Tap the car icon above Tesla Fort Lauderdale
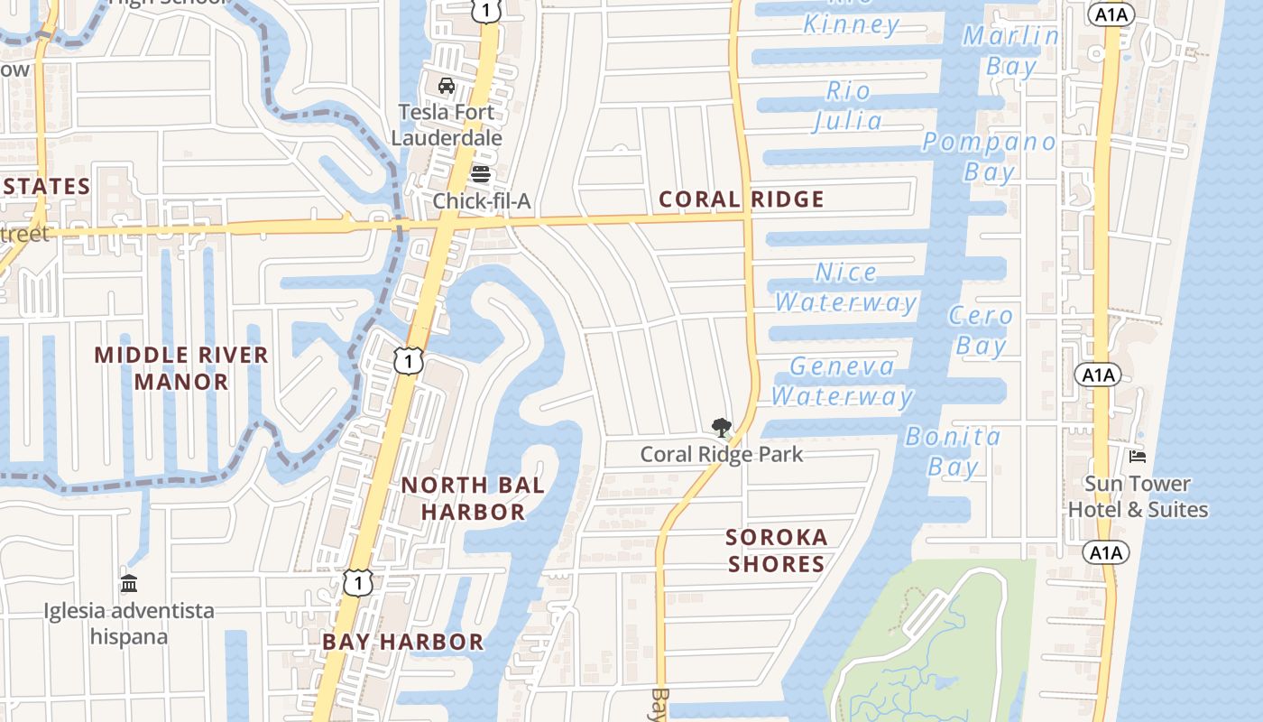[x=446, y=86]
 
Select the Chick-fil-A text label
[x=482, y=200]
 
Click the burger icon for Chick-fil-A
[x=481, y=173]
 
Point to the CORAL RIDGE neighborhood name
[x=742, y=199]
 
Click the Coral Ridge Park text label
[x=721, y=454]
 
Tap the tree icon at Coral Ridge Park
[x=721, y=428]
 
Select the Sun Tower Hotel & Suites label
[x=1137, y=496]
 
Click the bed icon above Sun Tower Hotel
[x=1137, y=457]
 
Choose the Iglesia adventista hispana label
[x=129, y=624]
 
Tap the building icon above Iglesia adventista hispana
[x=129, y=583]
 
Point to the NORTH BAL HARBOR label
[x=473, y=498]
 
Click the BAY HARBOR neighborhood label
[x=402, y=643]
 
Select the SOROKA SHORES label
[x=777, y=551]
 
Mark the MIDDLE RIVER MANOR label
[x=181, y=368]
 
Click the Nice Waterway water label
[x=846, y=287]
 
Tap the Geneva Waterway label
[x=843, y=381]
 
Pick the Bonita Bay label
[x=954, y=451]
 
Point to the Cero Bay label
[x=981, y=330]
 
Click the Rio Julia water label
[x=848, y=106]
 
